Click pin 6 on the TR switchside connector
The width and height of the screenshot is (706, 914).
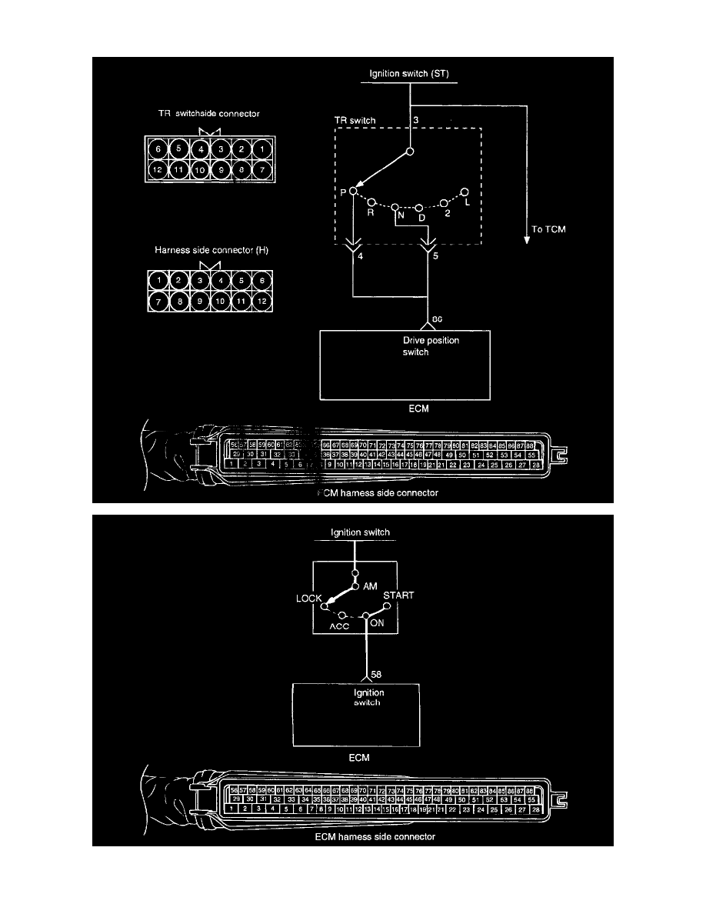tap(158, 149)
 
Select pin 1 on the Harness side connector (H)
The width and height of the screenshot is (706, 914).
tap(158, 282)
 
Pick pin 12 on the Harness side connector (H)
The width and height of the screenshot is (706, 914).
tap(261, 302)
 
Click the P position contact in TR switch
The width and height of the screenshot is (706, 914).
tap(353, 191)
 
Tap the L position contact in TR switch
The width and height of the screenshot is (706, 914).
tap(464, 191)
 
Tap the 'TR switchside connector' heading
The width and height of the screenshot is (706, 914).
tap(205, 114)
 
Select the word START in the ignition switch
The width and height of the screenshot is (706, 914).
tap(399, 595)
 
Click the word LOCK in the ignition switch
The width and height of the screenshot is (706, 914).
tap(309, 597)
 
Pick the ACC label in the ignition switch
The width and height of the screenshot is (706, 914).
tap(339, 625)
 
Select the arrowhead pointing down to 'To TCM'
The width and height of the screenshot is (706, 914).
tap(528, 239)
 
